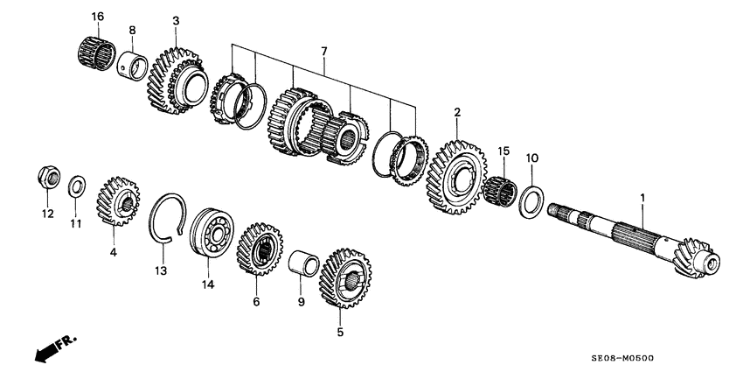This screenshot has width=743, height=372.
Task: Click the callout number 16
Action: coord(96,17)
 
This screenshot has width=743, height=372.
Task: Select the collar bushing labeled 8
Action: coord(134,63)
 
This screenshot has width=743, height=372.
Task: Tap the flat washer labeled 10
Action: coord(530,201)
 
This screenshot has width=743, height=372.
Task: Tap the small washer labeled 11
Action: coord(77,185)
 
